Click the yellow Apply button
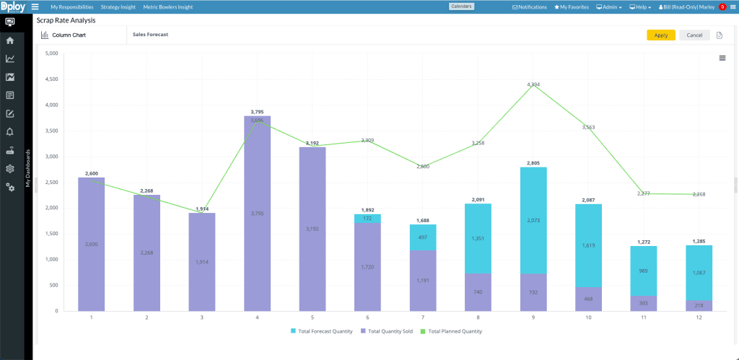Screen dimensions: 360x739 [x=660, y=35]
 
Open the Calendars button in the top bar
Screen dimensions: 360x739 [x=461, y=6]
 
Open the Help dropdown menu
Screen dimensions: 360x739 [x=640, y=6]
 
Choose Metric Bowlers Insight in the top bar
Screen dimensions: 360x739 [x=168, y=6]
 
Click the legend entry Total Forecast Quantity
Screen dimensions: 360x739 [x=323, y=331]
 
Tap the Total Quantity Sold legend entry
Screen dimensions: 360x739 [x=389, y=331]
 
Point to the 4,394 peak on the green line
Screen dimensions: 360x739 [x=533, y=84]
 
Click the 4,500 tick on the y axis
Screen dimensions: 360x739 [x=51, y=79]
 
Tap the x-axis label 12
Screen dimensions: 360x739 [x=699, y=317]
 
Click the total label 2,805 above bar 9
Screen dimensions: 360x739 [x=533, y=163]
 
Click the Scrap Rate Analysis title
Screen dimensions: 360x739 [x=66, y=20]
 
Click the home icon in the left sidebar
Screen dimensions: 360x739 [x=10, y=40]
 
